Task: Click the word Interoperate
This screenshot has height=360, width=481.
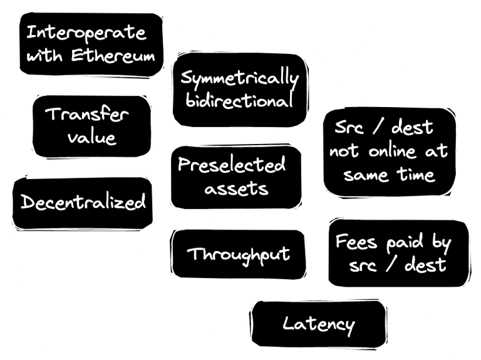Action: pyautogui.click(x=86, y=33)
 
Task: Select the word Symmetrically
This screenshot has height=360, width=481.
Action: pyautogui.click(x=240, y=79)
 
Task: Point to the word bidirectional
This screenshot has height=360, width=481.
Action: pyautogui.click(x=240, y=101)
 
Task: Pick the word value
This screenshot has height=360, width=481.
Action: pyautogui.click(x=91, y=138)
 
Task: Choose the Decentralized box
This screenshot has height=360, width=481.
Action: pyautogui.click(x=83, y=202)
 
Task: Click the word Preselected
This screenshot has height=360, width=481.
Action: pyautogui.click(x=232, y=165)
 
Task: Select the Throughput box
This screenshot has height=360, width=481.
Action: pyautogui.click(x=239, y=254)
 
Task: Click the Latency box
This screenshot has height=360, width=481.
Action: pyautogui.click(x=318, y=324)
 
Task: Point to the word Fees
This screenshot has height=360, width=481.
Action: pyautogui.click(x=356, y=242)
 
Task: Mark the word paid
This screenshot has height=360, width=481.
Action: pyautogui.click(x=401, y=242)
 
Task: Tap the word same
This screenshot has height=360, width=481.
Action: pyautogui.click(x=366, y=175)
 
